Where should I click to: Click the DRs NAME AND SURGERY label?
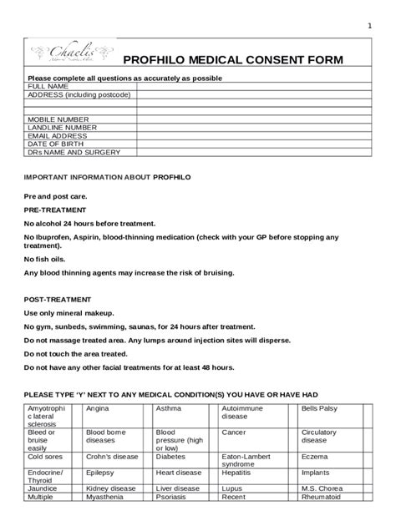point(74,152)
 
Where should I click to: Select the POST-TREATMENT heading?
point(58,299)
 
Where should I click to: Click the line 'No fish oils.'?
point(56,259)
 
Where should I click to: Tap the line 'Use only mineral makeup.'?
point(81,313)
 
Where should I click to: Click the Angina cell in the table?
point(98,408)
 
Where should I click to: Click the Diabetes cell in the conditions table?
point(171,457)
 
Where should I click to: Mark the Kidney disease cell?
point(109,488)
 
